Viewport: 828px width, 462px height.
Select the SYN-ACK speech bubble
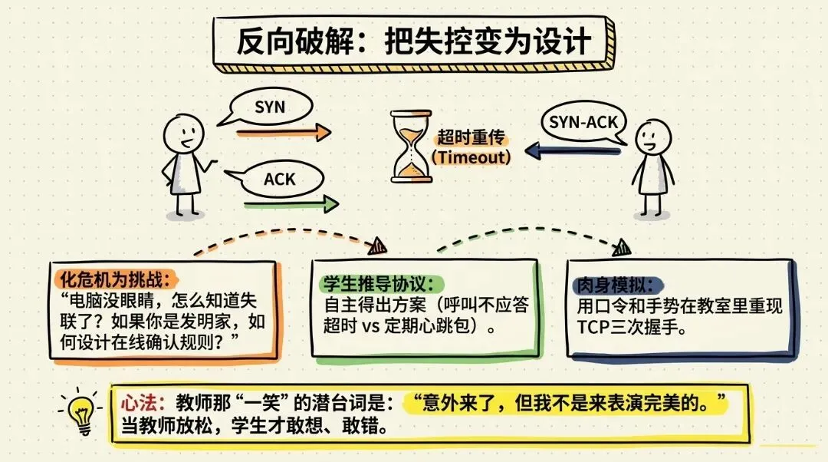tap(583, 123)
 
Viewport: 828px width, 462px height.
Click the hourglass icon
tap(412, 147)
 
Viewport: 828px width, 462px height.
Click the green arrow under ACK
tap(291, 204)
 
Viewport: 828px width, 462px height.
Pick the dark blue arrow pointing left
tap(573, 150)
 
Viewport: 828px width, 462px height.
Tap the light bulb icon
tap(81, 412)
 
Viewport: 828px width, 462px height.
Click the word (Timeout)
tap(471, 157)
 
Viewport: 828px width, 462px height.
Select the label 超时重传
tap(471, 137)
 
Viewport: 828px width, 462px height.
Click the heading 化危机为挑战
tap(114, 279)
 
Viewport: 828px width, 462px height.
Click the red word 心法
tap(140, 404)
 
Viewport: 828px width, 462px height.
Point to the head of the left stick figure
tap(183, 134)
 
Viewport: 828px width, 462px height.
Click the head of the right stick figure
tap(653, 137)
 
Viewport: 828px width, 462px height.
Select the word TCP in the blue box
tap(593, 327)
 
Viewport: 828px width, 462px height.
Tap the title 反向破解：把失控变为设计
tap(413, 41)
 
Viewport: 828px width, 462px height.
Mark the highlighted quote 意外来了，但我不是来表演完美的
tap(565, 404)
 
